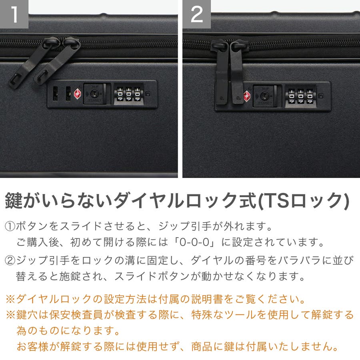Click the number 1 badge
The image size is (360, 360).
point(14,14)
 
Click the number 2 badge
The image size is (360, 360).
point(197,14)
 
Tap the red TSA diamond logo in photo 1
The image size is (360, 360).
point(77,94)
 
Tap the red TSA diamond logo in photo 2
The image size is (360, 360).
point(247,96)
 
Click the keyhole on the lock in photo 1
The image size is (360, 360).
point(94,94)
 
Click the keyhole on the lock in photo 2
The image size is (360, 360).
point(264,96)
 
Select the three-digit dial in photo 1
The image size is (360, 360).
point(128,94)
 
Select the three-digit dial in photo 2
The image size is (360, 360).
point(300,96)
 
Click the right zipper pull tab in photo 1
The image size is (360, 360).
point(57,61)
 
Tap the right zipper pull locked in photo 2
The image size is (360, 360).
point(238,72)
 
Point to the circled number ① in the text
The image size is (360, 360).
point(10,226)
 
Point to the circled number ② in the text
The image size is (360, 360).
point(10,260)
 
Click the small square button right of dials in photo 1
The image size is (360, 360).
point(148,94)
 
